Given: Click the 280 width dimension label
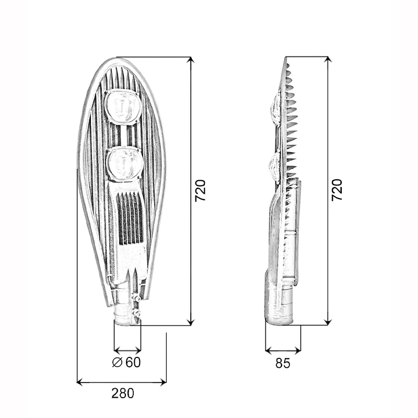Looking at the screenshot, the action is pos(123,393).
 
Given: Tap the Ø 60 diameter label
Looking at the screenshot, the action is pos(126,362).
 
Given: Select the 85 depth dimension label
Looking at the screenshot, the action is pos(283,363).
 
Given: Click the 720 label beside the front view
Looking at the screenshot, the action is pos(201,191).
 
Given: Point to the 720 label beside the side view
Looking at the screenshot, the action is pos(336,190).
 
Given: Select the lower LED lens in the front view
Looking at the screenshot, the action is pos(124,164).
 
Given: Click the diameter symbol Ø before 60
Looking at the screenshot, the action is pos(117,362).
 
